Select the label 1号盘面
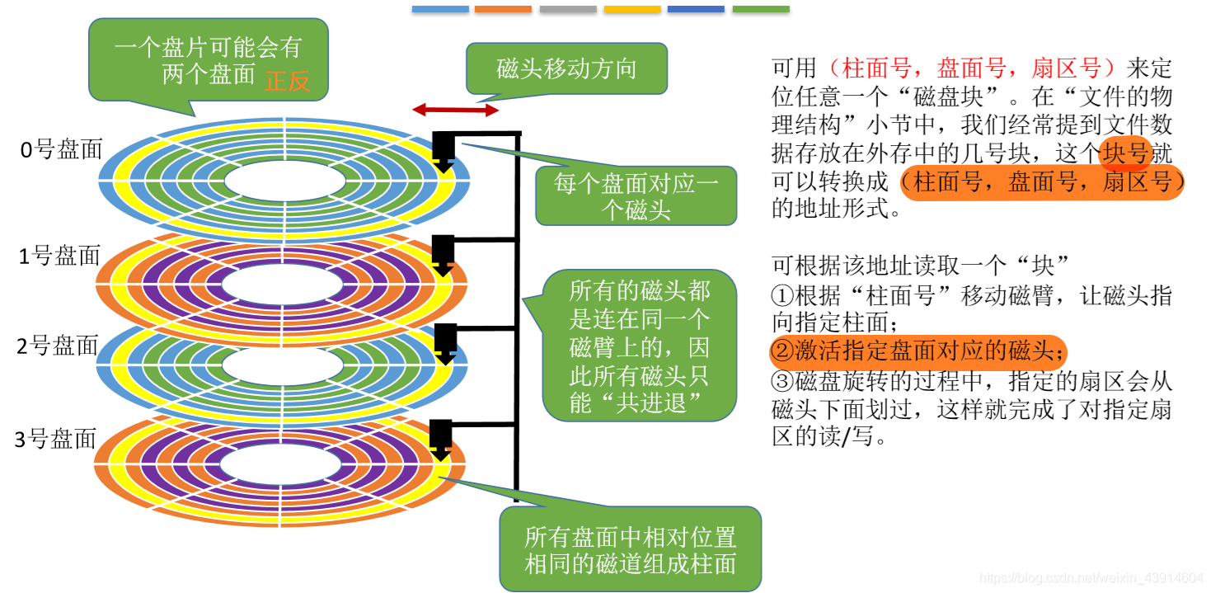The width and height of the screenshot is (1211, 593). point(59,256)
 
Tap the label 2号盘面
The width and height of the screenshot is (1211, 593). point(58,346)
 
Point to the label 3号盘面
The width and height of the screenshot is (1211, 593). point(56,439)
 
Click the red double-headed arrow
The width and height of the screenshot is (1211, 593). point(455,110)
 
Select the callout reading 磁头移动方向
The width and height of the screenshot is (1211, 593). point(566,68)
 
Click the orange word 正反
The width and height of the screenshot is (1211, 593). point(287,81)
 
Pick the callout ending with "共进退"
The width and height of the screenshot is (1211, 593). point(639,346)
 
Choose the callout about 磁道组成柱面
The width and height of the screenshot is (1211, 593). point(630,550)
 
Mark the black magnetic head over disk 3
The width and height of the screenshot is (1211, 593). point(441,438)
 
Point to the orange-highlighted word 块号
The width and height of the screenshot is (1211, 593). point(1126,153)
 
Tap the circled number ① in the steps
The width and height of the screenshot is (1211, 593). point(781,296)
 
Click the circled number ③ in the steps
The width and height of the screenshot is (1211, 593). point(781,382)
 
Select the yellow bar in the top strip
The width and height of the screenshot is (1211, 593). point(632,9)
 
